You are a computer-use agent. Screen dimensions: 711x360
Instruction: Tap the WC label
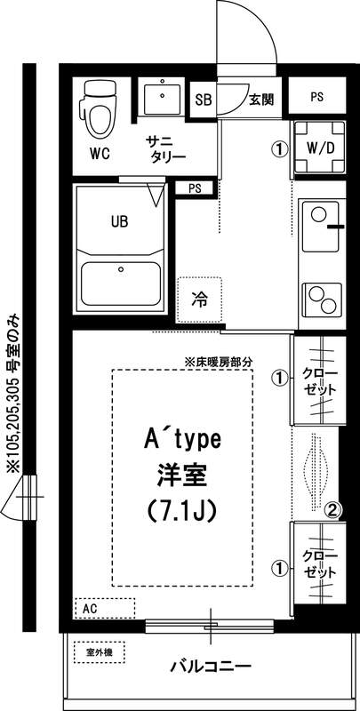(100, 151)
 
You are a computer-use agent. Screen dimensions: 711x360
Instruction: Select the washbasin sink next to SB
(162, 99)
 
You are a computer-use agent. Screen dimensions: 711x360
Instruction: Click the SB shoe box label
(204, 100)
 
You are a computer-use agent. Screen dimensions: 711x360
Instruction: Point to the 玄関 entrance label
(260, 99)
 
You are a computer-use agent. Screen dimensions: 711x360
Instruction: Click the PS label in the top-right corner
(316, 99)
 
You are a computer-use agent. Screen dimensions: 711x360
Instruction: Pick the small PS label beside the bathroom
(194, 188)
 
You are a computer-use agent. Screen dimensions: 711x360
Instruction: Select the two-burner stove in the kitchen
(319, 297)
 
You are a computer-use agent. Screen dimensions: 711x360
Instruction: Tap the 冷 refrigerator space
(199, 300)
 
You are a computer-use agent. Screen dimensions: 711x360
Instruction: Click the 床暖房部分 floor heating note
(219, 362)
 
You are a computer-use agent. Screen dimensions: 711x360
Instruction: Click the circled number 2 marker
(332, 509)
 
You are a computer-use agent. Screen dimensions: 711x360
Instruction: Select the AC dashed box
(104, 609)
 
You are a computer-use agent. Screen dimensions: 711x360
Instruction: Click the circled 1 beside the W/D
(280, 148)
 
